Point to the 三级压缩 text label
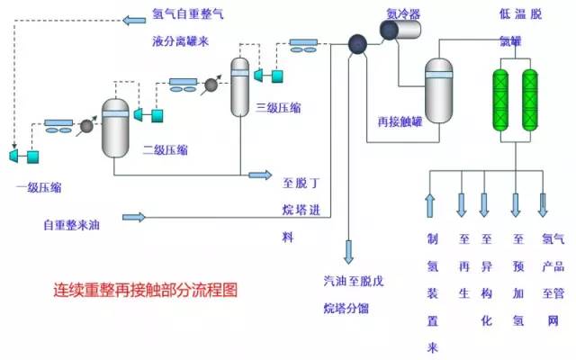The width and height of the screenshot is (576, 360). pyautogui.click(x=278, y=108)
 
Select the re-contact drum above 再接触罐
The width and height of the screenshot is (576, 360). pyautogui.click(x=438, y=90)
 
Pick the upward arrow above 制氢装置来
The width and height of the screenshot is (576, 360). pyautogui.click(x=429, y=205)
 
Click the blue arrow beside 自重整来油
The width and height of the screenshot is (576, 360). pyautogui.click(x=134, y=217)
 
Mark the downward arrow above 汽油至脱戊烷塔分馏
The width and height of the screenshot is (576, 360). pyautogui.click(x=348, y=249)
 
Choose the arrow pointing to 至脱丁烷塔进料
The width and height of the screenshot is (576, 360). pyautogui.click(x=259, y=175)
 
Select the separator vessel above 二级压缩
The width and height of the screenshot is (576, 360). pyautogui.click(x=115, y=128)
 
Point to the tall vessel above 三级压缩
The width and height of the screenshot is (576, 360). pyautogui.click(x=239, y=86)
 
